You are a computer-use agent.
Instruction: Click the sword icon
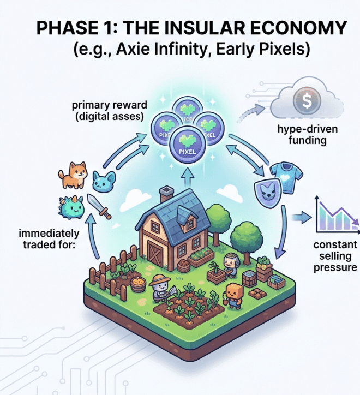tap(99, 207)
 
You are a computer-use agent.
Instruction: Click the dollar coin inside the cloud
tap(303, 101)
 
